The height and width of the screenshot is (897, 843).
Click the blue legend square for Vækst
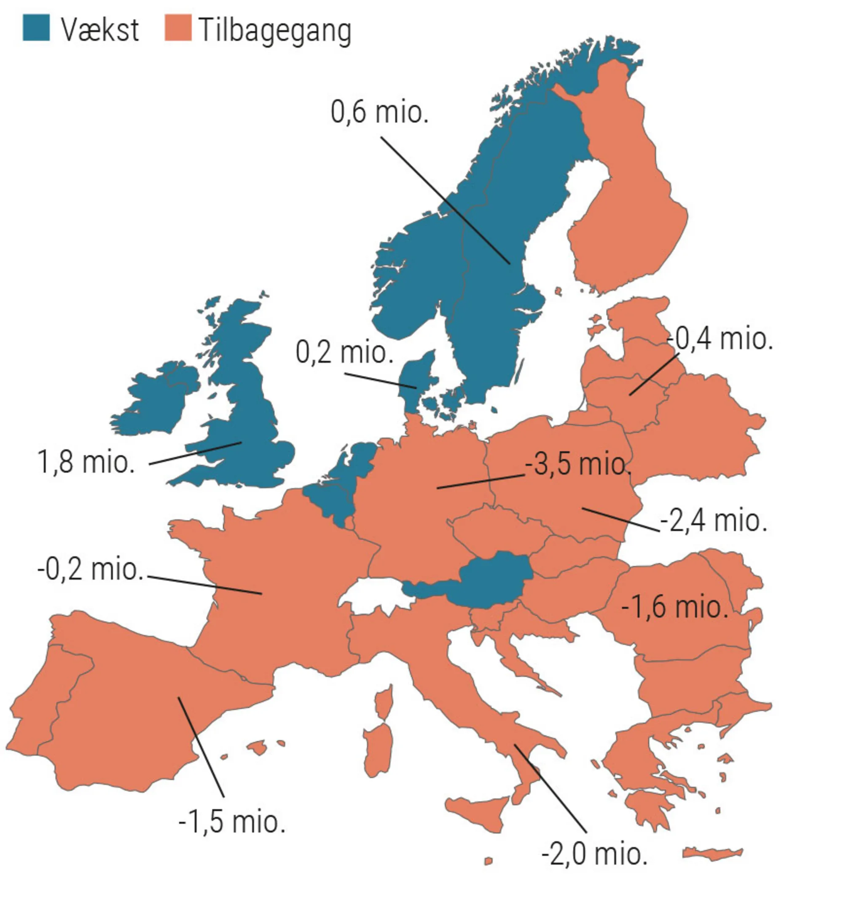coord(36,28)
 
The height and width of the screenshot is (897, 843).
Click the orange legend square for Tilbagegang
coord(177,28)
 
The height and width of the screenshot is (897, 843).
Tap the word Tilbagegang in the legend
coord(274,31)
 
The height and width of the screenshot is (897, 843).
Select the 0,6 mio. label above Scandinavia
coord(379,112)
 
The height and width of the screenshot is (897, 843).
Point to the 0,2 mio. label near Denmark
coord(344,352)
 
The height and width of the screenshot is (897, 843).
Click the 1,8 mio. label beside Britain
coord(86,462)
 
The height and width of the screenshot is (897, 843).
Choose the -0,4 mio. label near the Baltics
coord(720,339)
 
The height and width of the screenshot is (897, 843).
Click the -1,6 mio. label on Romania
coord(674,607)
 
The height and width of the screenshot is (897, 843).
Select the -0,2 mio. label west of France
coord(90,569)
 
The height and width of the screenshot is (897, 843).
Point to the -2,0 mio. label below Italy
coord(594,854)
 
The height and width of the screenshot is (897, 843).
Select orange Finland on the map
coord(628,203)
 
